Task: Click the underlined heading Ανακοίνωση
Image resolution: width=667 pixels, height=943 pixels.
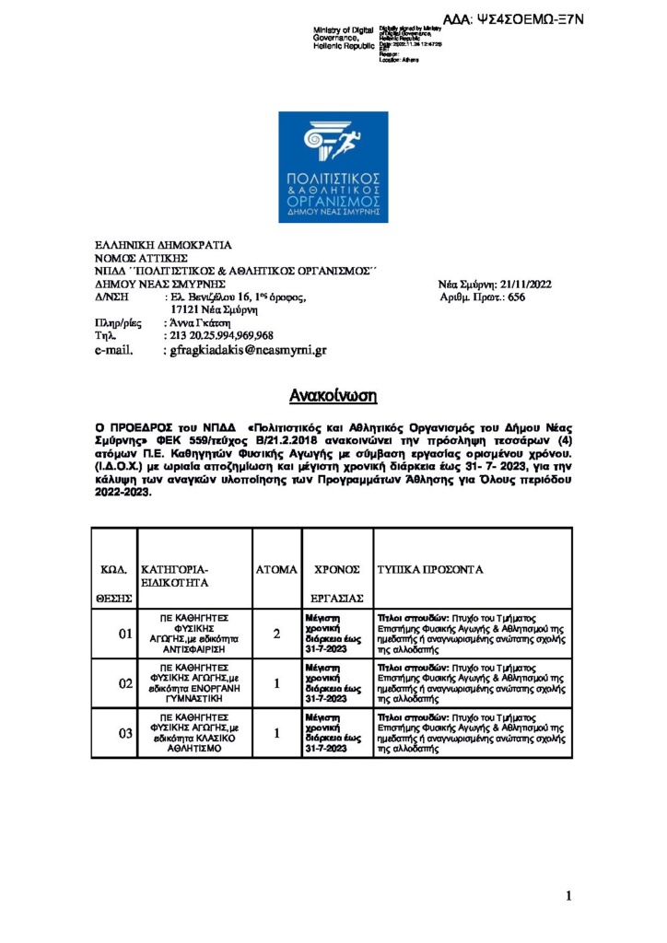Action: pyautogui.click(x=333, y=396)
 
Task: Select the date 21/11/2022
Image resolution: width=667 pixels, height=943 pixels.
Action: pyautogui.click(x=520, y=285)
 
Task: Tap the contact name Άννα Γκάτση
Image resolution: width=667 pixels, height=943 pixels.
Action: pyautogui.click(x=195, y=323)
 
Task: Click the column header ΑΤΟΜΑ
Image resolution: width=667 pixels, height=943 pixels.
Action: pyautogui.click(x=276, y=570)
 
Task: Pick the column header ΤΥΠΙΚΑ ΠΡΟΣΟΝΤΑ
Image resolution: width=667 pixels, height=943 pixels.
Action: pyautogui.click(x=430, y=570)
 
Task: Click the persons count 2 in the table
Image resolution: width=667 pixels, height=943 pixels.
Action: pyautogui.click(x=276, y=634)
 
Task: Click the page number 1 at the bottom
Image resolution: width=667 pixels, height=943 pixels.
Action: pyautogui.click(x=568, y=895)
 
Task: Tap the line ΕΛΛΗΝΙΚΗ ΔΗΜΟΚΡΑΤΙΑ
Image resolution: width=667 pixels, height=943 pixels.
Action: pyautogui.click(x=165, y=246)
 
